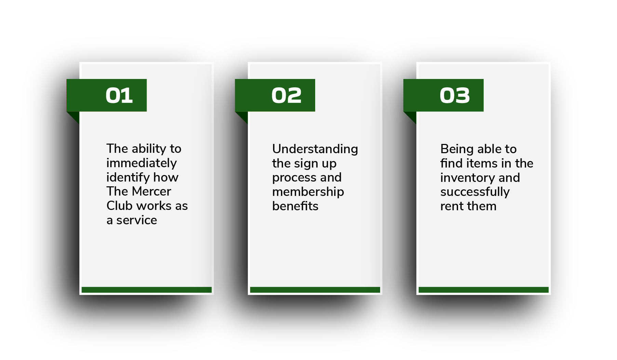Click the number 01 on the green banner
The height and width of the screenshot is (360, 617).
[119, 95]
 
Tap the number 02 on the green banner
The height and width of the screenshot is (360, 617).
[286, 95]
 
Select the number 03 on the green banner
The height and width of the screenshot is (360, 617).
[455, 95]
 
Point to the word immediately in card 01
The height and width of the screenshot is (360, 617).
[142, 163]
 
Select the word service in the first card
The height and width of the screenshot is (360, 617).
[137, 220]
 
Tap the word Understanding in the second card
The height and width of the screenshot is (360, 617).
[315, 149]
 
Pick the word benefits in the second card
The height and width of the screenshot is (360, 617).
[295, 206]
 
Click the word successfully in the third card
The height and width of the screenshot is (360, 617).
[475, 192]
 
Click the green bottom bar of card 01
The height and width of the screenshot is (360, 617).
[147, 290]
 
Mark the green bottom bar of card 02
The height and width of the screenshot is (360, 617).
[315, 290]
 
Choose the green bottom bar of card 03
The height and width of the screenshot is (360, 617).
[484, 290]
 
